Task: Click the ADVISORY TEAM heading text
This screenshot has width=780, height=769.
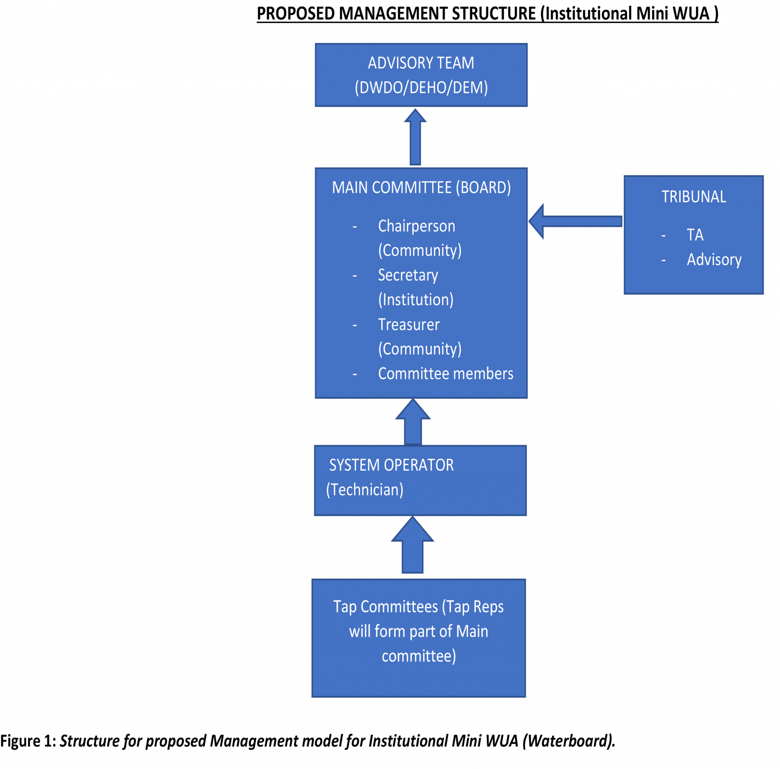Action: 421,63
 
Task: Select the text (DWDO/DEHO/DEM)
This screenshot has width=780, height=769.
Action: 421,88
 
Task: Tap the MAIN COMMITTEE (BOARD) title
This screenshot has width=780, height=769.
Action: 421,188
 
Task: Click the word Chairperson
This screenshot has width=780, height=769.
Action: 416,227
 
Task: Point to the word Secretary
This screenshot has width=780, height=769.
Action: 408,275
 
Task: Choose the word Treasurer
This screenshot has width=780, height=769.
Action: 409,325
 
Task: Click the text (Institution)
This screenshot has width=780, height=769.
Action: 416,300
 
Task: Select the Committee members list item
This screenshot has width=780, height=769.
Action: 445,374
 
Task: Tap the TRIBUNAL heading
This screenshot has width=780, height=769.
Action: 693,197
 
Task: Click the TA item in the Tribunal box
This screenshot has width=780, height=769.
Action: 695,235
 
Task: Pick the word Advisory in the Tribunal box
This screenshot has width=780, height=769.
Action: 714,259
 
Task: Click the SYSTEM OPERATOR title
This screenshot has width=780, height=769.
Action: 391,465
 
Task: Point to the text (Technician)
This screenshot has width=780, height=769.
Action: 364,490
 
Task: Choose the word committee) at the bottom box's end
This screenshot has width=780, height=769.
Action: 419,656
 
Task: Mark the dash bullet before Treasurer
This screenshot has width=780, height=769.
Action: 355,325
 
